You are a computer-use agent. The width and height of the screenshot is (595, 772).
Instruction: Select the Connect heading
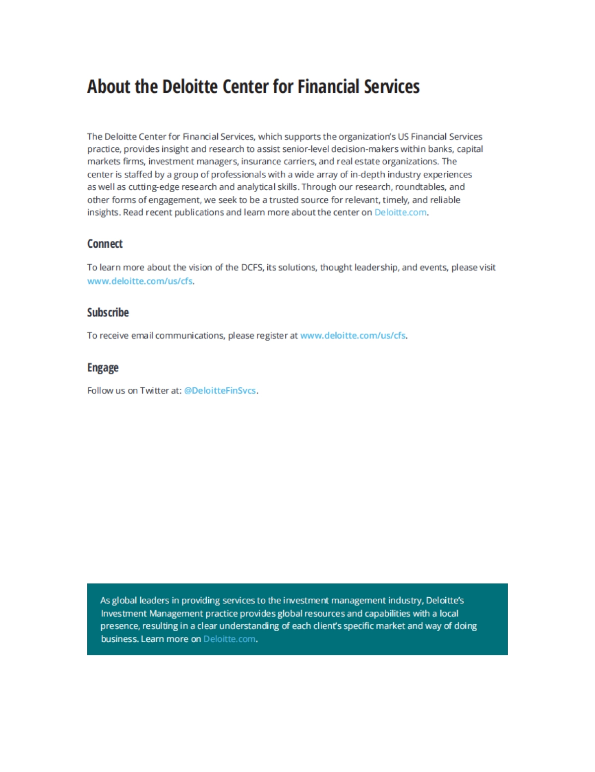(105, 244)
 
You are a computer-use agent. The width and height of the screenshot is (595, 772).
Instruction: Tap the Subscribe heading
(108, 312)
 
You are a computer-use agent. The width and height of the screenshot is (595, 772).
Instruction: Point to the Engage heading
(103, 367)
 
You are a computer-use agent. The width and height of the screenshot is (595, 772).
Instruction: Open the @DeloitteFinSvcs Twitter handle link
(220, 391)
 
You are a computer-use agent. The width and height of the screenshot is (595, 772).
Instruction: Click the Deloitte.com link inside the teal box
(229, 639)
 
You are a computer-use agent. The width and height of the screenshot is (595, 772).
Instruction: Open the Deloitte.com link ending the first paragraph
(400, 212)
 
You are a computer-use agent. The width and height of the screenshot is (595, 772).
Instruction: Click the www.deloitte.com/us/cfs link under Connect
(140, 281)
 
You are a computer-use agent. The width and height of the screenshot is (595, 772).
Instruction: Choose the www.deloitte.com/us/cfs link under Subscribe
(353, 336)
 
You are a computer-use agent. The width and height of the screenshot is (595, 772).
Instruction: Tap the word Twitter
(154, 391)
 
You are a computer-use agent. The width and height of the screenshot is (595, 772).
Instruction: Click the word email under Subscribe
(142, 336)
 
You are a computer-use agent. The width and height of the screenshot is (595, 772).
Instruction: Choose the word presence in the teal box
(119, 626)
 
